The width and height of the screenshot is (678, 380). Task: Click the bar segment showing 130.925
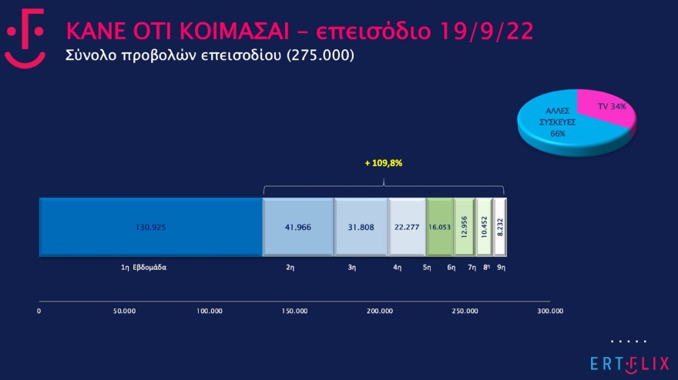coord(151,227)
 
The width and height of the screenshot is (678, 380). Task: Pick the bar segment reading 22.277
coord(407,227)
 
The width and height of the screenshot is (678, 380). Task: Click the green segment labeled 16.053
coord(439,227)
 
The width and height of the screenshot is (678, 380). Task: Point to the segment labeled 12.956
coord(464,227)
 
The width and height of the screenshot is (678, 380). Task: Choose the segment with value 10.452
coord(483,227)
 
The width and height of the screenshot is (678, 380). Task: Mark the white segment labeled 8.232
coord(499,227)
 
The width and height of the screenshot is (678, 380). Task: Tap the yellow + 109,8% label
coord(383,164)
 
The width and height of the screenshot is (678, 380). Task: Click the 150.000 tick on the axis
coord(295,312)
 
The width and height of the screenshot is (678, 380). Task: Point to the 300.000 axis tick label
coord(550,312)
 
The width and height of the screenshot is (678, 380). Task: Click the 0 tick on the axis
coord(39,312)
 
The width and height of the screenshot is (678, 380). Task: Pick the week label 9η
coord(501,267)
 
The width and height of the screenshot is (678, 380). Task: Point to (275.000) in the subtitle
coord(320,56)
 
